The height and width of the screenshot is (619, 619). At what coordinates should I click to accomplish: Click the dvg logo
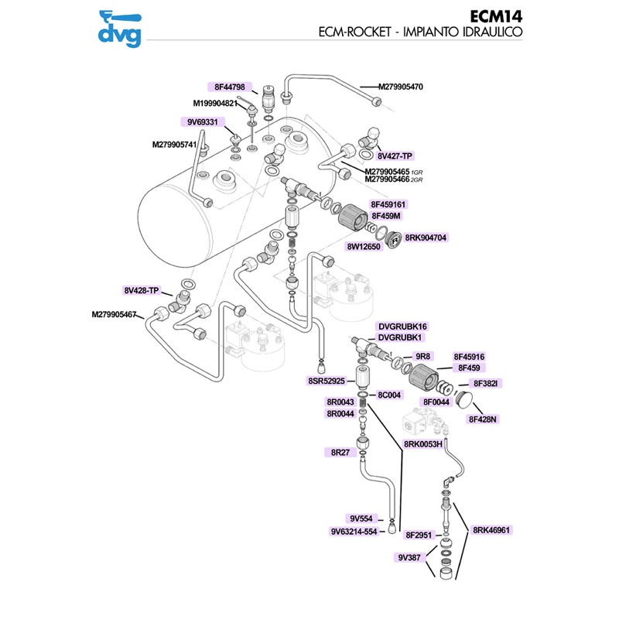point(121,27)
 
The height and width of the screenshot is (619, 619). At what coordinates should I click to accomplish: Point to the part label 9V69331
point(201,122)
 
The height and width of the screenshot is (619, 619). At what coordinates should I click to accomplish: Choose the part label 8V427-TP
point(395,156)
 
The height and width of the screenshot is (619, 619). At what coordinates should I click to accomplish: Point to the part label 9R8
point(422,357)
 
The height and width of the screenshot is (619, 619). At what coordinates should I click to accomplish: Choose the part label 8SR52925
point(326,381)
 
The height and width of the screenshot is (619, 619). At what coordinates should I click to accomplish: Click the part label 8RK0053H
point(422,444)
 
